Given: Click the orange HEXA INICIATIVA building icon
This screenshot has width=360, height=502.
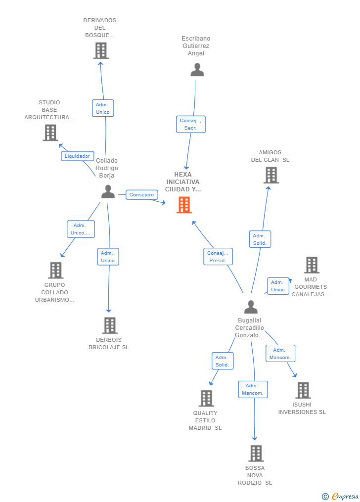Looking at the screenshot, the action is [x=184, y=205].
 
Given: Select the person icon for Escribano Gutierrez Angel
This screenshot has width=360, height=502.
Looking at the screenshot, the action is [x=197, y=70].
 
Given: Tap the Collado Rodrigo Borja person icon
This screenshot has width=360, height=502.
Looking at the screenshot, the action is [x=108, y=191].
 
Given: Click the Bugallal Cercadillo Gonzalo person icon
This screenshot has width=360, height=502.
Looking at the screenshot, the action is [x=251, y=307].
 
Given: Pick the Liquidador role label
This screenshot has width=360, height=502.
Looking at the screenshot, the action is [x=78, y=156].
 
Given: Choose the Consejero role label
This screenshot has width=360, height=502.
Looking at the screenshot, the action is [x=141, y=195].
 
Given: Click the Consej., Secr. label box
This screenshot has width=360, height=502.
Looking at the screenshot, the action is [x=191, y=124].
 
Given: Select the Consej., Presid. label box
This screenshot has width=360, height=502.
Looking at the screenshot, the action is [x=218, y=257].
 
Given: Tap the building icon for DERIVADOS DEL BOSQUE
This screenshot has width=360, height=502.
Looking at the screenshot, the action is [x=101, y=50].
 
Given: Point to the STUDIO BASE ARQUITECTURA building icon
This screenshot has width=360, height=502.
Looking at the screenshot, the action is [x=50, y=133].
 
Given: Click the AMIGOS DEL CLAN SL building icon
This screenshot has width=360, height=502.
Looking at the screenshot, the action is [x=271, y=175].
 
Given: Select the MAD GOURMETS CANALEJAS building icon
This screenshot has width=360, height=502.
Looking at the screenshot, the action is [x=312, y=265].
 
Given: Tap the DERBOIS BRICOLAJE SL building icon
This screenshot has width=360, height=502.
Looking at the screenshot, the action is [x=110, y=325].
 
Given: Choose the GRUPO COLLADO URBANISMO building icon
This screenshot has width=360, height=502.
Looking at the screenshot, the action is [x=56, y=270].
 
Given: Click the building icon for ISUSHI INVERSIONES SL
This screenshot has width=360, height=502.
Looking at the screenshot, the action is [x=303, y=390].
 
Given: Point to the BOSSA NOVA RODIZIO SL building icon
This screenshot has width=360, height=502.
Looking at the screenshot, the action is [x=256, y=454].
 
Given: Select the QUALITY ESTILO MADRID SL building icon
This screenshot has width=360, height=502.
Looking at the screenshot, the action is [x=206, y=398].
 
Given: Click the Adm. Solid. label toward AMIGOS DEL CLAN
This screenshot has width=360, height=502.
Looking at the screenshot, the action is [x=260, y=239].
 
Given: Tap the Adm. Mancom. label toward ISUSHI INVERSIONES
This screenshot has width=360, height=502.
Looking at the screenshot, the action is [x=280, y=354].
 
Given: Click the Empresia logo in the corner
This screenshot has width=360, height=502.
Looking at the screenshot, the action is [x=341, y=496].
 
